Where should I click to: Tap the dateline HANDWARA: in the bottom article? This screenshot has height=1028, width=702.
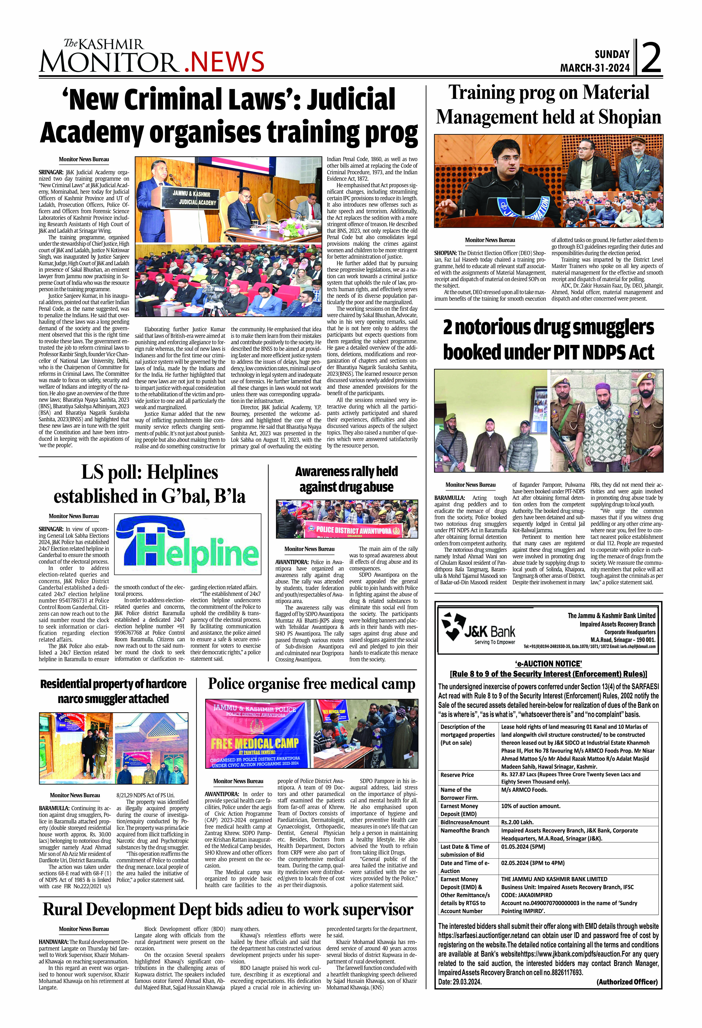[x=54, y=942]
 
